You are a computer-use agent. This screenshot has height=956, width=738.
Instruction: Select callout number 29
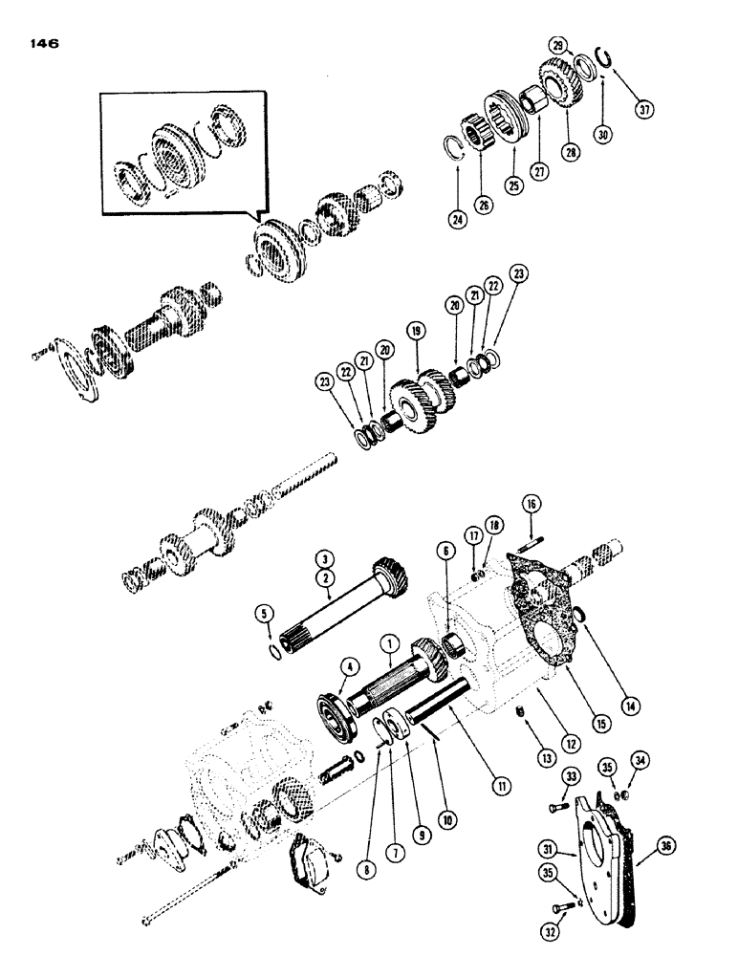tap(556, 46)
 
